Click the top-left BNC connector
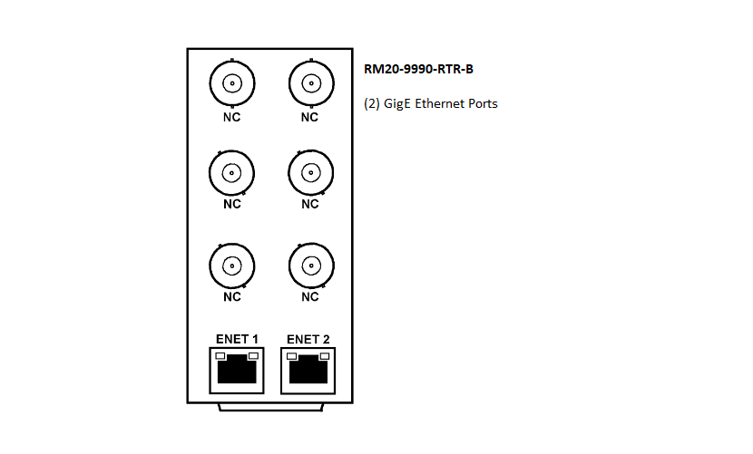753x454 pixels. pos(232,83)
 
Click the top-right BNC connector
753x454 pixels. pos(311,83)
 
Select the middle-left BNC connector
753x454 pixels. pos(232,173)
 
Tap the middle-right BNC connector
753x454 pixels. pos(310,173)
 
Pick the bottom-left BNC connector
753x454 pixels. pos(232,266)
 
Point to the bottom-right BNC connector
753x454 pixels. pos(311,266)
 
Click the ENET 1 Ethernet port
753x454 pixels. pos(237,371)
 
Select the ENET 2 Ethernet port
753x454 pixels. pos(308,371)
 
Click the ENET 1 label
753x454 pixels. pos(237,339)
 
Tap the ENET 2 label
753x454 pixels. pos(308,339)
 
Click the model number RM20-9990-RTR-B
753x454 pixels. pos(418,69)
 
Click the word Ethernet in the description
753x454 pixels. pos(438,103)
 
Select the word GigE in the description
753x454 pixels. pos(397,104)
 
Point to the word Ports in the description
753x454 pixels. pos(482,103)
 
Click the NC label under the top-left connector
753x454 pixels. pos(231,117)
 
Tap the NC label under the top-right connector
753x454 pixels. pos(309,117)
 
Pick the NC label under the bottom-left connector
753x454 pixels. pos(232,296)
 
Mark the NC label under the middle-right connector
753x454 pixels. pos(310,204)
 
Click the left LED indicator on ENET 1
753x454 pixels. pos(220,356)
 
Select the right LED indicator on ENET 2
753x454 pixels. pos(325,356)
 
